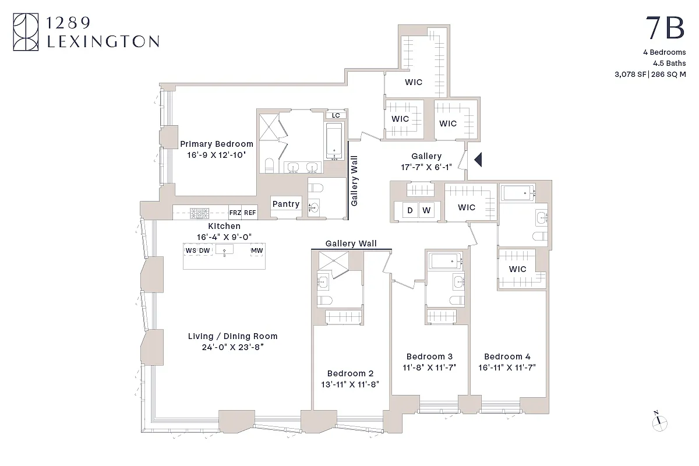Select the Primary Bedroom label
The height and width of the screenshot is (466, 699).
click(217, 144)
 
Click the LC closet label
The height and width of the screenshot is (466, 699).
click(336, 115)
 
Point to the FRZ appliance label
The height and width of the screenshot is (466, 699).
click(235, 213)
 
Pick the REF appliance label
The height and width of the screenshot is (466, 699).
click(250, 213)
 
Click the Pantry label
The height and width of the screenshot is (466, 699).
click(286, 204)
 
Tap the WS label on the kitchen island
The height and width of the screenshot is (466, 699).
click(190, 250)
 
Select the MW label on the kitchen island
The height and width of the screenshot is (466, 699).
click(256, 250)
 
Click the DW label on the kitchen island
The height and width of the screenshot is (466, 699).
click(204, 250)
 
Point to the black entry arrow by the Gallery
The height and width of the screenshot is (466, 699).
click(478, 159)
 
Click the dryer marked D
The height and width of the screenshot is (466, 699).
click(410, 210)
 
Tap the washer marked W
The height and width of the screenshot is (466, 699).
click(426, 210)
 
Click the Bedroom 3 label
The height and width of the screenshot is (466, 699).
click(429, 356)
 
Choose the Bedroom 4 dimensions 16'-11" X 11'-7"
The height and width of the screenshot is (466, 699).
click(507, 367)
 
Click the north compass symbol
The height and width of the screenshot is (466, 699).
click(659, 421)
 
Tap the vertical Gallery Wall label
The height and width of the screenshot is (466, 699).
click(354, 181)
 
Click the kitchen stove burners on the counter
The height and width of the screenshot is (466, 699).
click(200, 213)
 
